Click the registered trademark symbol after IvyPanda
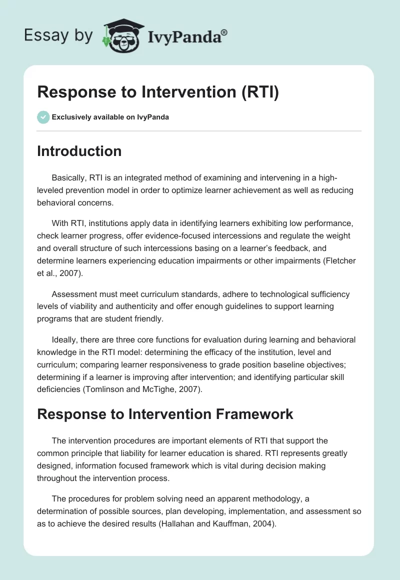point(224,32)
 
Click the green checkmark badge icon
point(43,117)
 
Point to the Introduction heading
point(79,151)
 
